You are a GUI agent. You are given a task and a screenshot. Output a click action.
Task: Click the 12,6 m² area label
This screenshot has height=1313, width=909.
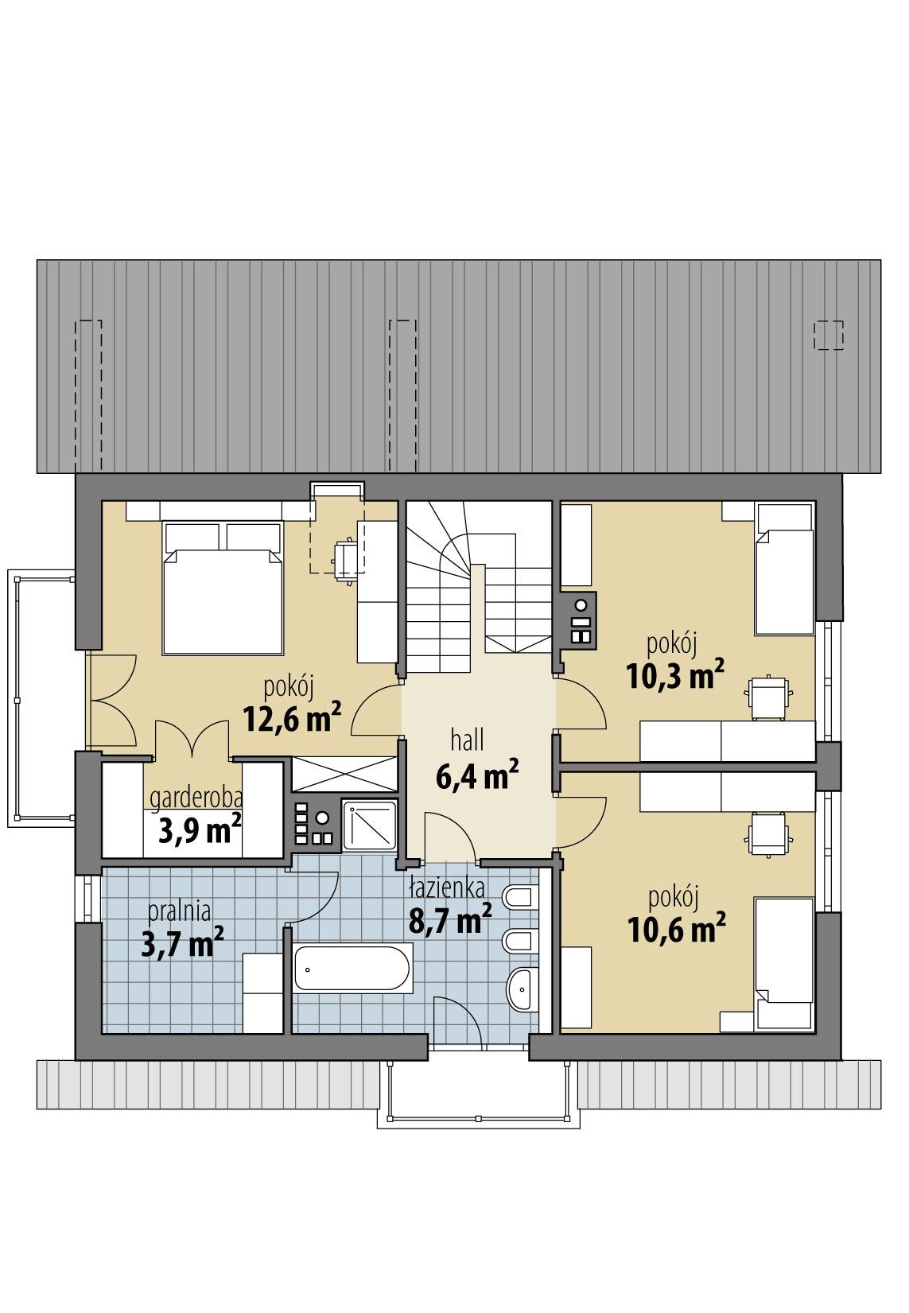pos(292,717)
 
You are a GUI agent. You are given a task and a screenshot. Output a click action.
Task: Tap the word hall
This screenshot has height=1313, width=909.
pos(467,740)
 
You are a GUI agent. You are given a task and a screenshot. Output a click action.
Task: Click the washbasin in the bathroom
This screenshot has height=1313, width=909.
pos(522,989)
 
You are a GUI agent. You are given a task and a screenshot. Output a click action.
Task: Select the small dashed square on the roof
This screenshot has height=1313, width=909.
pos(829,335)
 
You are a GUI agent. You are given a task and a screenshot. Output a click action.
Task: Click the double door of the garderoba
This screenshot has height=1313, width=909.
pos(191,740)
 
